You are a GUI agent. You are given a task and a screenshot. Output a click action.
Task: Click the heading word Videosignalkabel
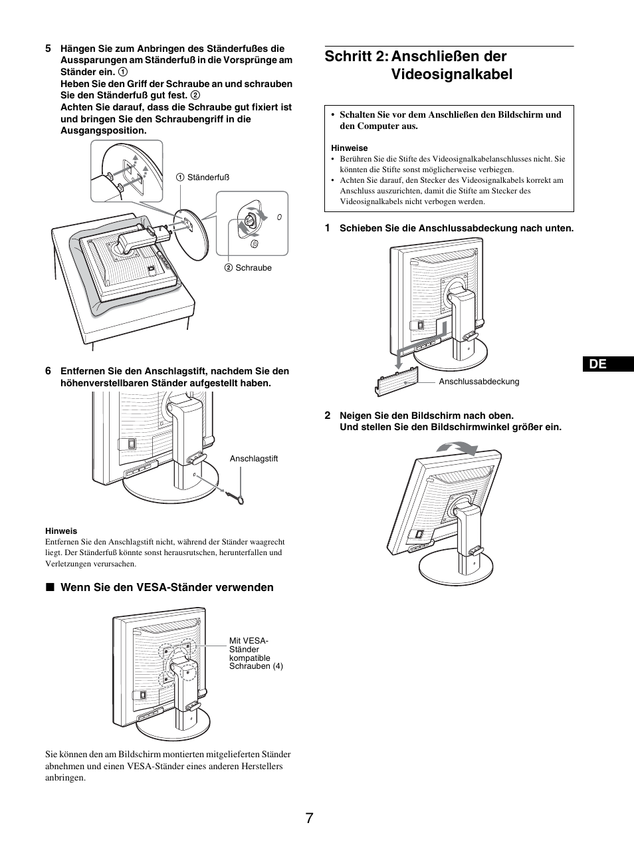pos(452,74)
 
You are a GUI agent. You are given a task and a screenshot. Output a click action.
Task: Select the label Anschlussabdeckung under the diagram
pos(478,382)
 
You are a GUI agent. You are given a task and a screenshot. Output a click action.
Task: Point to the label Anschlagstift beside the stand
pos(253,459)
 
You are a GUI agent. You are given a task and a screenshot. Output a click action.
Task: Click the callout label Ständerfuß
pos(207,178)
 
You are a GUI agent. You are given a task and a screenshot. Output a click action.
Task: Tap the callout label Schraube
pos(253,268)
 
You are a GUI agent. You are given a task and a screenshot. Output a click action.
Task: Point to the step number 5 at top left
pos(48,49)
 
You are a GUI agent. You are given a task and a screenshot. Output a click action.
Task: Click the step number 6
pos(48,371)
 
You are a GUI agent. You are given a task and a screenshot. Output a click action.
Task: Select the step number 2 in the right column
pos(327,416)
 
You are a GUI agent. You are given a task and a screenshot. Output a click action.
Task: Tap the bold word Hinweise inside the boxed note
pos(349,148)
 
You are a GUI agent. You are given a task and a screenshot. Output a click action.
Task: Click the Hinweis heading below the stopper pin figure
pos(61,531)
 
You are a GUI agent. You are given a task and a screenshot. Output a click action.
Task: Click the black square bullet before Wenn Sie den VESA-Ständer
pos(49,588)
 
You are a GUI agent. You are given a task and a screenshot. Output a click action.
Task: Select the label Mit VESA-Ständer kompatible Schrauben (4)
pos(255,653)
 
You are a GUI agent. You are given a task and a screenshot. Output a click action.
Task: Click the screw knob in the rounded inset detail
pos(251,220)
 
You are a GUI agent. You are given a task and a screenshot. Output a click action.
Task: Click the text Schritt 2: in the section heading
pos(356,57)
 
